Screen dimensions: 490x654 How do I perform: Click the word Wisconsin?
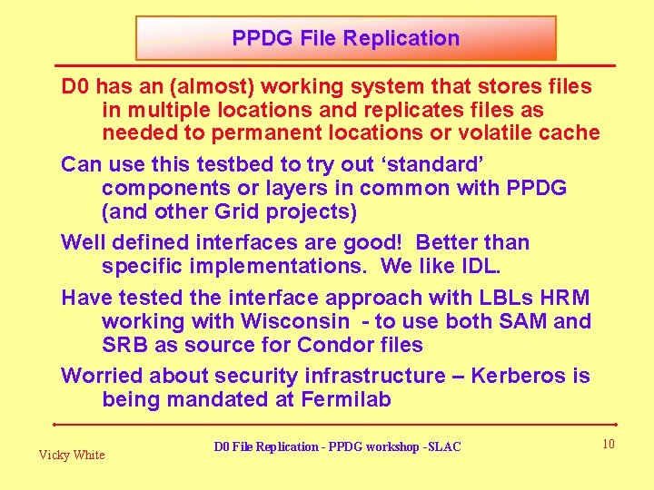[294, 321]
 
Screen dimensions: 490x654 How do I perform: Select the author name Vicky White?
[71, 455]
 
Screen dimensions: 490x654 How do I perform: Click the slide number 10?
[608, 443]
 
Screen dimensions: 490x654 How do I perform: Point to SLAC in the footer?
[443, 446]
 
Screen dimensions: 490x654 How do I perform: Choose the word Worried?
[102, 376]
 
